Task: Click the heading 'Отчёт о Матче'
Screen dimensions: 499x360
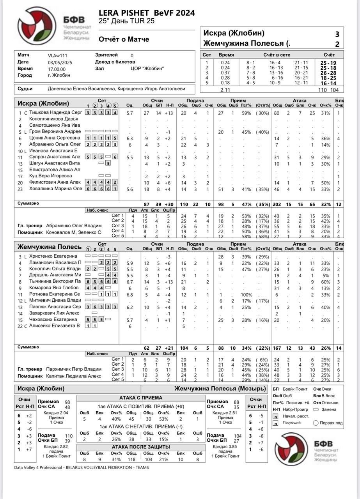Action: [124, 39]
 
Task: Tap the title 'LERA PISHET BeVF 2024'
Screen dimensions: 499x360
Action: [147, 13]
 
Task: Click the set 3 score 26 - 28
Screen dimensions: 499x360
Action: [328, 73]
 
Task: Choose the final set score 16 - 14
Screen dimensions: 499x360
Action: [328, 83]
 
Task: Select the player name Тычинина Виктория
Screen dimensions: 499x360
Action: [55, 281]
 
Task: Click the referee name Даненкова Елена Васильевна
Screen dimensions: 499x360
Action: [82, 89]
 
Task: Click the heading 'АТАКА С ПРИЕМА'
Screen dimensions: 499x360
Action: [141, 398]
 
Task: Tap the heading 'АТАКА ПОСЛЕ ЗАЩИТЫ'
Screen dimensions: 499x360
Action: [141, 447]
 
